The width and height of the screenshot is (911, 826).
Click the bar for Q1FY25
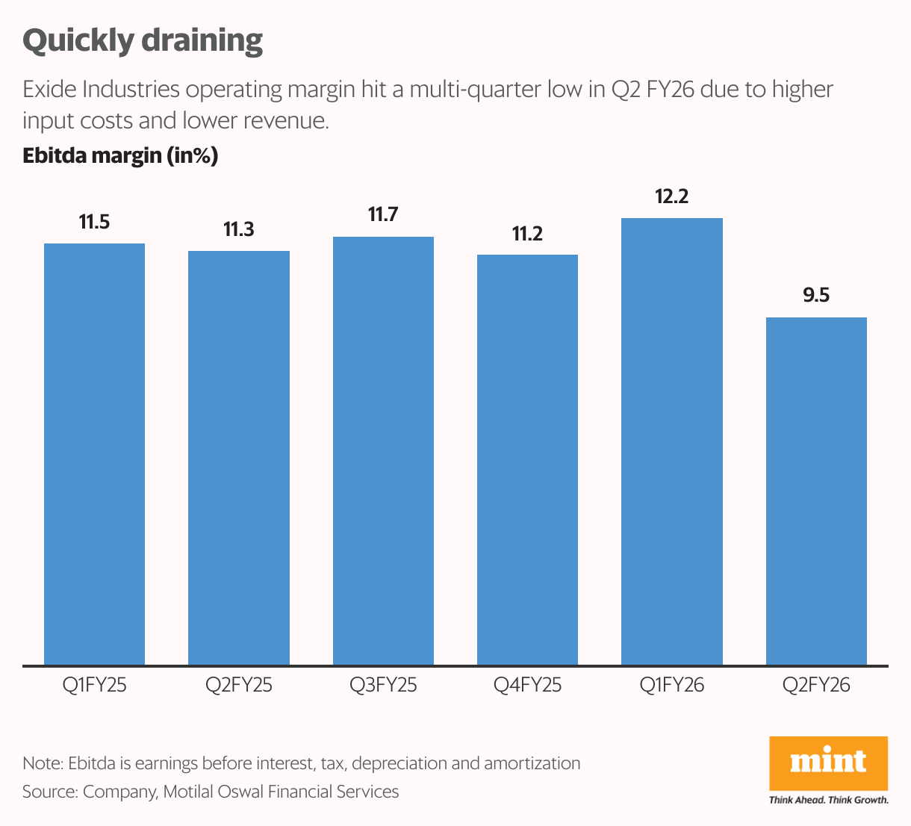94,454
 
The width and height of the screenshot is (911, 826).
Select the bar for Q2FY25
239,458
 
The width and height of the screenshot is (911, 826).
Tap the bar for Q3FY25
383,450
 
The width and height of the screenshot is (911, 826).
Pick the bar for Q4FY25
527,459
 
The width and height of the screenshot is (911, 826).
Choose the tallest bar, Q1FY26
672,441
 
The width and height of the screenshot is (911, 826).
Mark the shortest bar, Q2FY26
816,491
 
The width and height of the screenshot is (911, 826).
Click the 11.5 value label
94,222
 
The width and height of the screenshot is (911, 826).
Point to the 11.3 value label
239,229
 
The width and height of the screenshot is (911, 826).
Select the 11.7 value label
383,215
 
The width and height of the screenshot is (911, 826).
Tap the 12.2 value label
672,196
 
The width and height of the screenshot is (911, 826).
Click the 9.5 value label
816,296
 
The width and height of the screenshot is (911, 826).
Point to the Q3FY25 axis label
383,685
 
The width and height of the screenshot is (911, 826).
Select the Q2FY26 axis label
816,685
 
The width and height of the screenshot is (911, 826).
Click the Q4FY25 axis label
527,685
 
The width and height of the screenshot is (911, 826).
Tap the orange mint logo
829,763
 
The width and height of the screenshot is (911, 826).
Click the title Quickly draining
143,40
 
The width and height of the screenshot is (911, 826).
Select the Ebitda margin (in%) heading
120,155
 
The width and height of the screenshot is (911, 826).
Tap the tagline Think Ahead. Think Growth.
829,800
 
